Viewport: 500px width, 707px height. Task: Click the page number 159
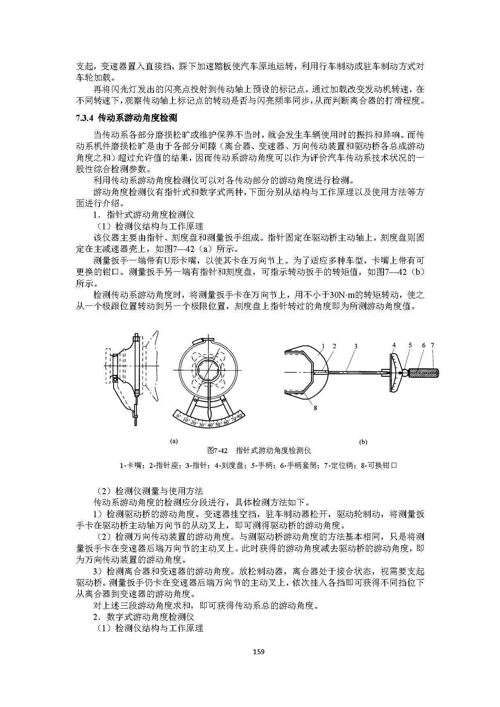pyautogui.click(x=258, y=652)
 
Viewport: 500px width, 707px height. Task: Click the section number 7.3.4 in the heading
pyautogui.click(x=85, y=118)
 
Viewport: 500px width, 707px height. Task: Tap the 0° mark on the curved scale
pyautogui.click(x=178, y=416)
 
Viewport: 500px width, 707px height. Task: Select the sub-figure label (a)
pyautogui.click(x=174, y=441)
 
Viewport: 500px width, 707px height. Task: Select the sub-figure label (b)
pyautogui.click(x=363, y=442)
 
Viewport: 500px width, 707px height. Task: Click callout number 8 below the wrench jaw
pyautogui.click(x=315, y=408)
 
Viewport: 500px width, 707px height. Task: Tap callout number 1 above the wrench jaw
pyautogui.click(x=323, y=346)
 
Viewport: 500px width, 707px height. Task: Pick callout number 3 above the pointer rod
pyautogui.click(x=356, y=346)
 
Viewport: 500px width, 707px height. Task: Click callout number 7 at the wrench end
pyautogui.click(x=432, y=345)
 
